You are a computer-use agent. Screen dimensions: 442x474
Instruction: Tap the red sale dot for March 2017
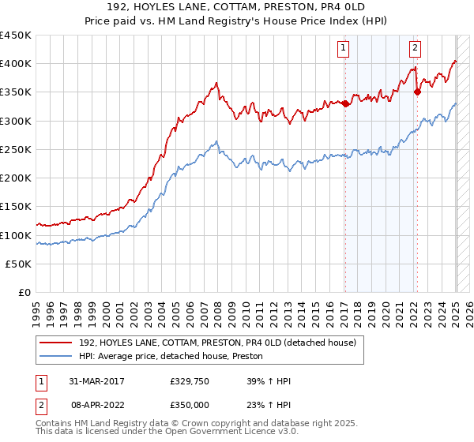345,103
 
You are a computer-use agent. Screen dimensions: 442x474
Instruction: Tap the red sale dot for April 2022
417,92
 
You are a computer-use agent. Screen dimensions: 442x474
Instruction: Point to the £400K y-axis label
16,64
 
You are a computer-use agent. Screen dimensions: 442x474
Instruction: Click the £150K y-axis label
16,207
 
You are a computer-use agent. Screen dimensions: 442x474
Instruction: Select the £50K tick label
19,264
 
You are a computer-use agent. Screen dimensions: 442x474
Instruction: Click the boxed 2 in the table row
39,403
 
